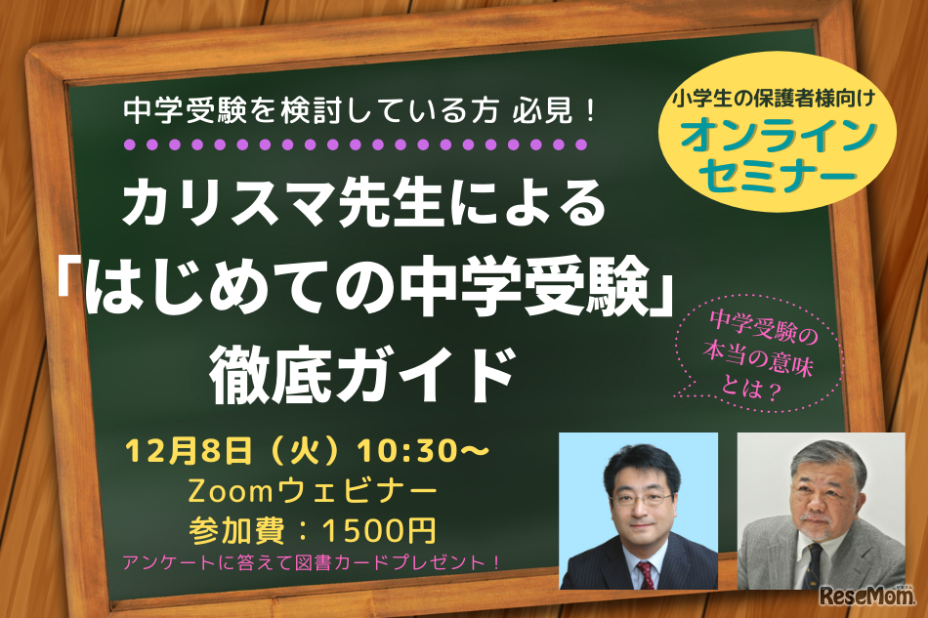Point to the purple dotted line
(x=357, y=144)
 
